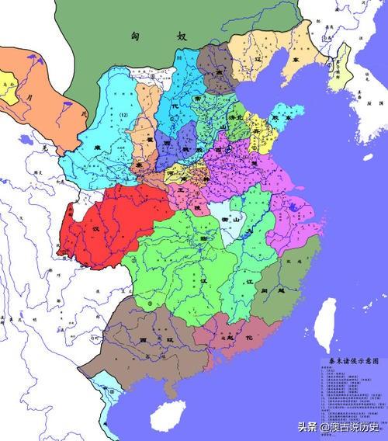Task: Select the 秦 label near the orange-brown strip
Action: [138, 165]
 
